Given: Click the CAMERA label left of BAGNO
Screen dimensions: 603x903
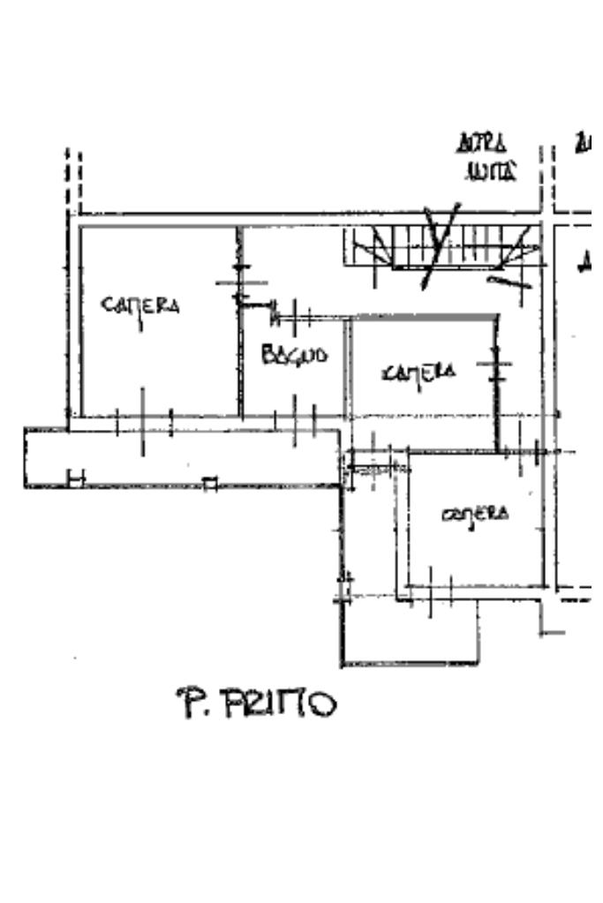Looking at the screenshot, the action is [x=141, y=305].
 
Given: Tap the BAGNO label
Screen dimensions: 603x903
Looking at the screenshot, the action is [x=294, y=356].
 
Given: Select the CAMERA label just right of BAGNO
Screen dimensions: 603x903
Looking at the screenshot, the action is [x=419, y=373].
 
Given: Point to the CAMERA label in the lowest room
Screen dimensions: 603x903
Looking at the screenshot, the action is [x=475, y=514].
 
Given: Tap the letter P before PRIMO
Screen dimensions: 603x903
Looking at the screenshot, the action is [x=188, y=704].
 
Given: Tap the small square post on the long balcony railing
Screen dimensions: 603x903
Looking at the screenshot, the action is [x=209, y=483].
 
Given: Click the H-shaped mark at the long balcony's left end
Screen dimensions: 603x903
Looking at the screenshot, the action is [x=76, y=479].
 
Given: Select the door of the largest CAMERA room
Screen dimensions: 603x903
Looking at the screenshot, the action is [x=239, y=282].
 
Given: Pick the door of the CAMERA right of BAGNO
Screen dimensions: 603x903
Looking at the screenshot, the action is [x=496, y=365].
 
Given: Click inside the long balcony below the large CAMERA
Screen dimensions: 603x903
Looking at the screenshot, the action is [x=177, y=457].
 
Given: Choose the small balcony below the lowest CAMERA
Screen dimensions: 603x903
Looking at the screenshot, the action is [x=411, y=631].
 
